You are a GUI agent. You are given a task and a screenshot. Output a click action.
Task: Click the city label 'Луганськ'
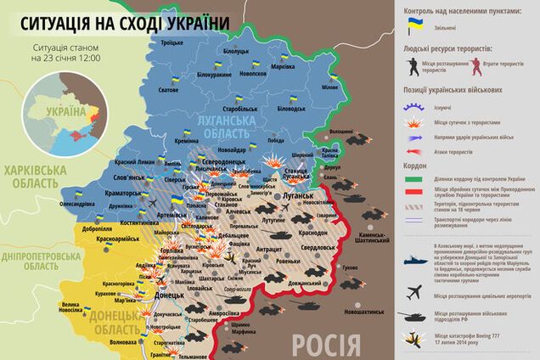(x=300, y=195)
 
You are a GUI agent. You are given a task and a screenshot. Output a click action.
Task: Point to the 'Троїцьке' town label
(x=172, y=42)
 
